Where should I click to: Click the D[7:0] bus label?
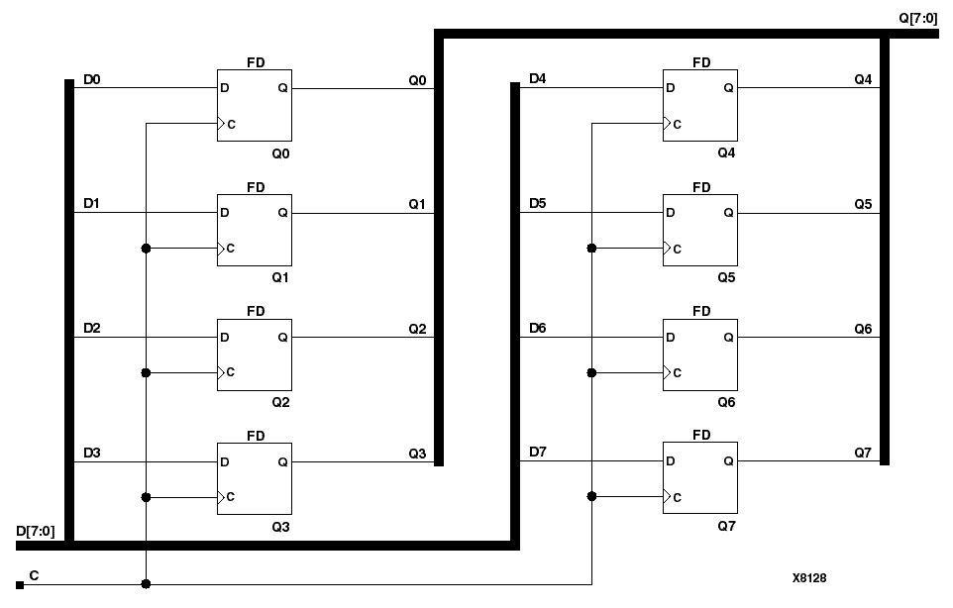34,531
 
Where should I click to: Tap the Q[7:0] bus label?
916,17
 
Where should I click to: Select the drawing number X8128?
809,577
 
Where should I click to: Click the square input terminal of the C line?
20,585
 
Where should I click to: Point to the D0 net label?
91,78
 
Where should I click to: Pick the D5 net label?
537,203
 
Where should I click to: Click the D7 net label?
537,453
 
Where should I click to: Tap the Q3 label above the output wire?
417,453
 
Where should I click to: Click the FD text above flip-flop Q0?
256,62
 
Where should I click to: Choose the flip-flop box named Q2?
255,355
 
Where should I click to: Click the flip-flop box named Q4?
699,105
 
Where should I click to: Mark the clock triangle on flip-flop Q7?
668,497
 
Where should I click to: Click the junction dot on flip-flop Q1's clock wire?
147,249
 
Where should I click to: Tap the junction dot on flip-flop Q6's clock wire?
591,373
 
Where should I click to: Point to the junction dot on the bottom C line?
147,584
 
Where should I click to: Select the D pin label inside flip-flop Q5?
672,212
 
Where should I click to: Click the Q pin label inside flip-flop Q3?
282,461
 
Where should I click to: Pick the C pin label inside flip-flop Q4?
678,125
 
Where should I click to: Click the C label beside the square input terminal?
35,574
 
